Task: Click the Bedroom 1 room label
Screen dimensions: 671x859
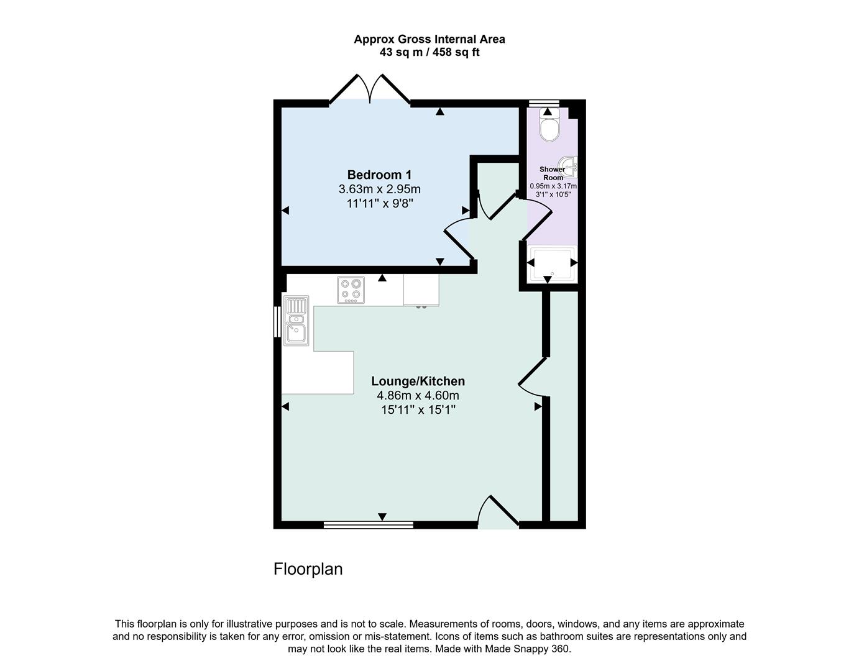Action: click(379, 175)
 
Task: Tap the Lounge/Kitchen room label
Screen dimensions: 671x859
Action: click(418, 381)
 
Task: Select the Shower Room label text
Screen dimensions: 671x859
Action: click(552, 173)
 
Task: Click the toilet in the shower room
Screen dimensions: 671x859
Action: click(549, 126)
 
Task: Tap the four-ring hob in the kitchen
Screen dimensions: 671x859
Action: click(351, 290)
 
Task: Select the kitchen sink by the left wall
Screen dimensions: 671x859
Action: click(296, 320)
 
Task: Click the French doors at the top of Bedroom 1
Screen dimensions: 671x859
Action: click(370, 91)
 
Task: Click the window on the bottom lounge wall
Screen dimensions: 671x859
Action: click(369, 525)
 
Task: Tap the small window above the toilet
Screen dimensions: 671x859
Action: click(543, 103)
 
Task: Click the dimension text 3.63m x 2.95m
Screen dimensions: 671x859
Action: click(379, 189)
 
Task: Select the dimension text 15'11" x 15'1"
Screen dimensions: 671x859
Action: click(418, 409)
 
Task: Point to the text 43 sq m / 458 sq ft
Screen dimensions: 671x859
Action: click(429, 52)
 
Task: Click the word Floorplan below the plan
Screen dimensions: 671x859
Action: click(308, 568)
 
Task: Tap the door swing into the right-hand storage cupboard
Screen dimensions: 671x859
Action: click(531, 379)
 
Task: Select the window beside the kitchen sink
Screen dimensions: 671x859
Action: click(277, 321)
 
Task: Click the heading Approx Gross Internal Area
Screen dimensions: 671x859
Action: click(429, 39)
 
